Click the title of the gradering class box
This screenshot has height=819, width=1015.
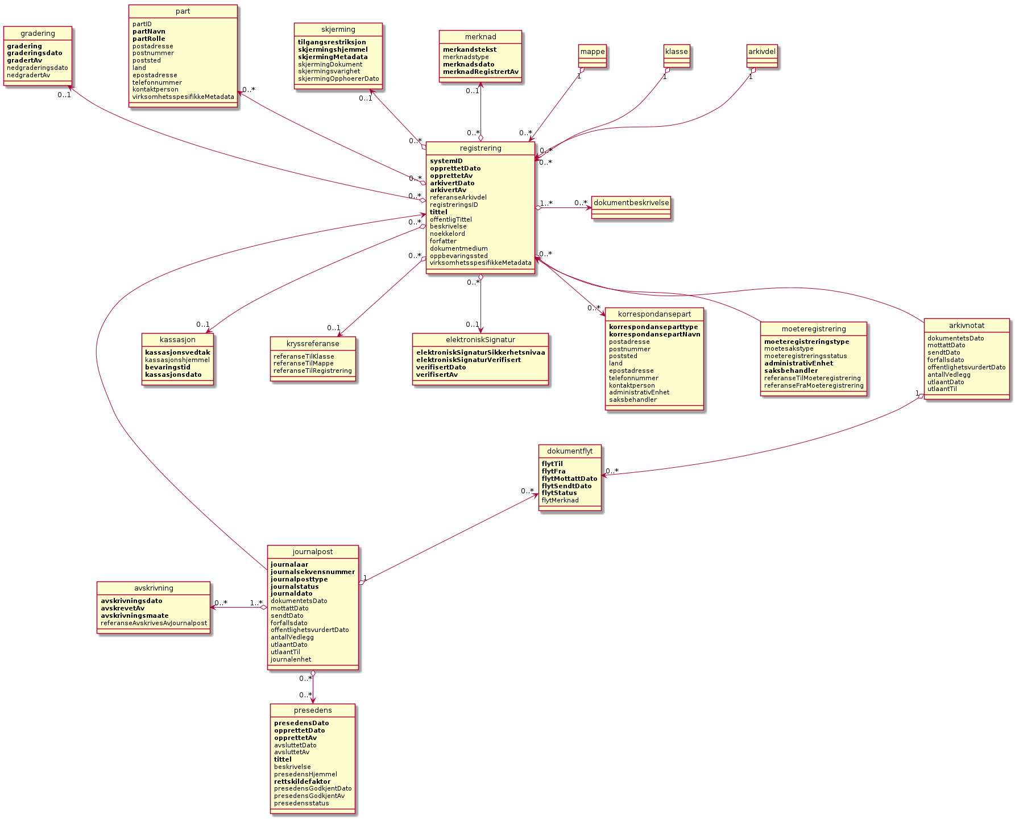38,34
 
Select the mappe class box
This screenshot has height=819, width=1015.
593,52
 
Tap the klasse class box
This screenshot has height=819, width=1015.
677,52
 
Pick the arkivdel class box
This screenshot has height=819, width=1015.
762,52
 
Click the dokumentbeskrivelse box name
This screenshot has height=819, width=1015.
631,203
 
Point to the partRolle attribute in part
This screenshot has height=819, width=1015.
149,39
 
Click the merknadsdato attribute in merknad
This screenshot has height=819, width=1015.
469,64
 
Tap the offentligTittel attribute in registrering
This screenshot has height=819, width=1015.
451,219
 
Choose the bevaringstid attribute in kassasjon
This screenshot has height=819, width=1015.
168,367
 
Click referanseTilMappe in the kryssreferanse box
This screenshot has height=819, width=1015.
304,364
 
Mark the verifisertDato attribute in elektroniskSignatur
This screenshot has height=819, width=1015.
441,367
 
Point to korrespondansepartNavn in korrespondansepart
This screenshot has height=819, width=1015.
654,334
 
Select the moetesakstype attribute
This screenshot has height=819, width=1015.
789,349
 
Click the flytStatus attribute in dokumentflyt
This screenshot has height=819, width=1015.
560,493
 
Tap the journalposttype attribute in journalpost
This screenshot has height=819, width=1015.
299,579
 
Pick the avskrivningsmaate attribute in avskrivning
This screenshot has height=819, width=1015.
135,616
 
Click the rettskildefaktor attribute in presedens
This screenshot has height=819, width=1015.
302,781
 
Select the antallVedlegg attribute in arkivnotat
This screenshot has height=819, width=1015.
949,375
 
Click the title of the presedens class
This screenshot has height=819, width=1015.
313,710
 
